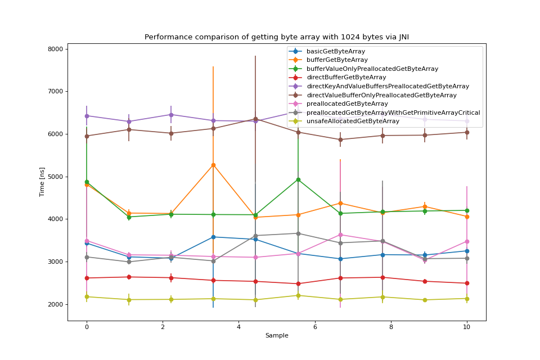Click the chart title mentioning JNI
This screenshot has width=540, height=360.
pyautogui.click(x=277, y=37)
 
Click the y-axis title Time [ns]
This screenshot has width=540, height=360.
pyautogui.click(x=42, y=182)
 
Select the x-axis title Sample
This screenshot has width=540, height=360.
pyautogui.click(x=277, y=335)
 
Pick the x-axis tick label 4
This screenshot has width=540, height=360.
pyautogui.click(x=238, y=326)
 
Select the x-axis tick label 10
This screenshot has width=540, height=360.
pyautogui.click(x=467, y=326)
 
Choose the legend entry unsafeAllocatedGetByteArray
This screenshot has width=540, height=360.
pyautogui.click(x=353, y=121)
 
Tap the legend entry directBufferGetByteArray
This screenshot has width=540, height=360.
pyautogui.click(x=346, y=77)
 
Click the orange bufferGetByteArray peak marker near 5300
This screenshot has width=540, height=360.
pyautogui.click(x=213, y=165)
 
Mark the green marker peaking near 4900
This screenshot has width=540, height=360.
pyautogui.click(x=298, y=179)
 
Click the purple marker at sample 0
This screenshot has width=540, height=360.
pyautogui.click(x=87, y=116)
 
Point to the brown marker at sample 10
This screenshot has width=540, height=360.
pyautogui.click(x=467, y=132)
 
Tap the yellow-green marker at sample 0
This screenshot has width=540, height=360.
pyautogui.click(x=87, y=296)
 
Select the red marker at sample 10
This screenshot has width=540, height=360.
pyautogui.click(x=467, y=283)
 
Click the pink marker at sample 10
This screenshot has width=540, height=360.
pyautogui.click(x=467, y=241)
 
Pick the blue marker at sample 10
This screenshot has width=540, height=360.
pyautogui.click(x=467, y=251)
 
